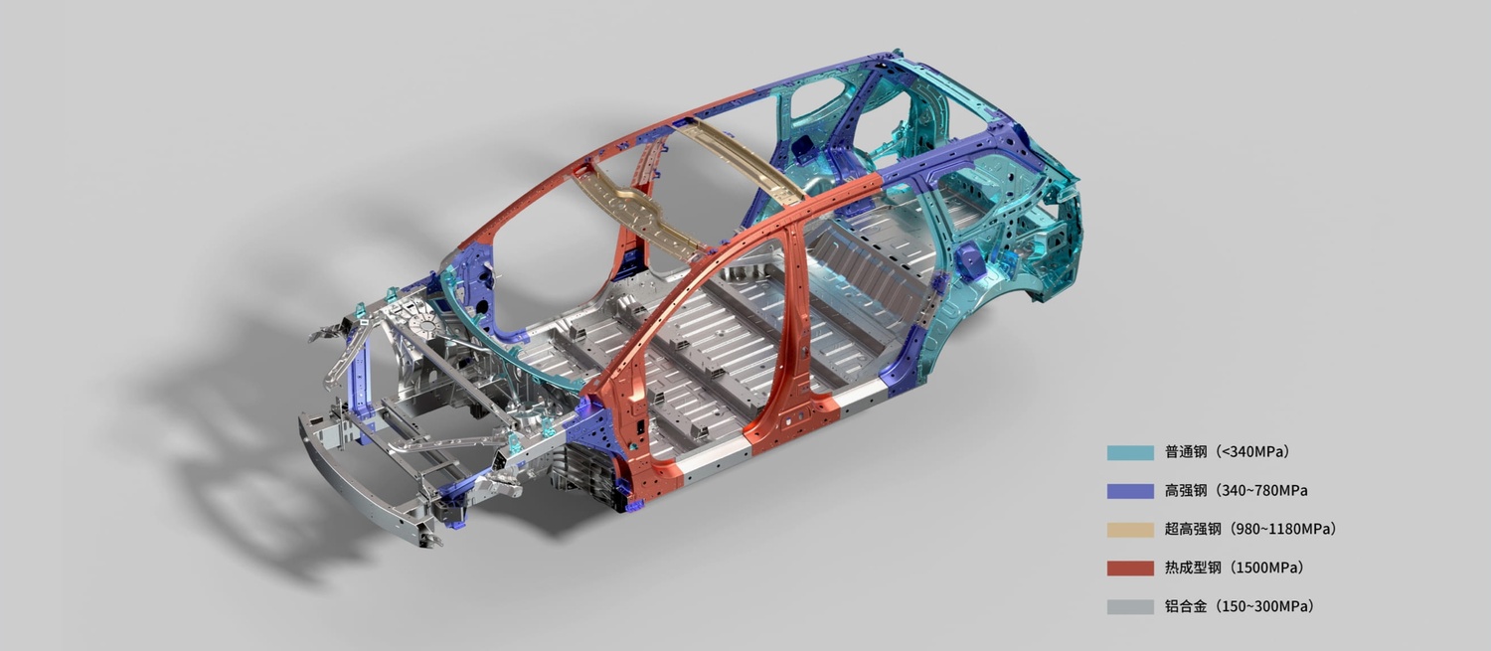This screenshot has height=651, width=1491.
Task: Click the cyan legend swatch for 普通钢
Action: pyautogui.click(x=1130, y=452)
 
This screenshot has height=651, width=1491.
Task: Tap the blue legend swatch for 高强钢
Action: pyautogui.click(x=1130, y=491)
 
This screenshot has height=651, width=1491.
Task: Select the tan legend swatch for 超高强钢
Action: pyautogui.click(x=1130, y=530)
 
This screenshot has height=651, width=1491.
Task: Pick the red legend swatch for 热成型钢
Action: pyautogui.click(x=1130, y=569)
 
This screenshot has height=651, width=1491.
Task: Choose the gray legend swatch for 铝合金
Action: pyautogui.click(x=1130, y=607)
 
